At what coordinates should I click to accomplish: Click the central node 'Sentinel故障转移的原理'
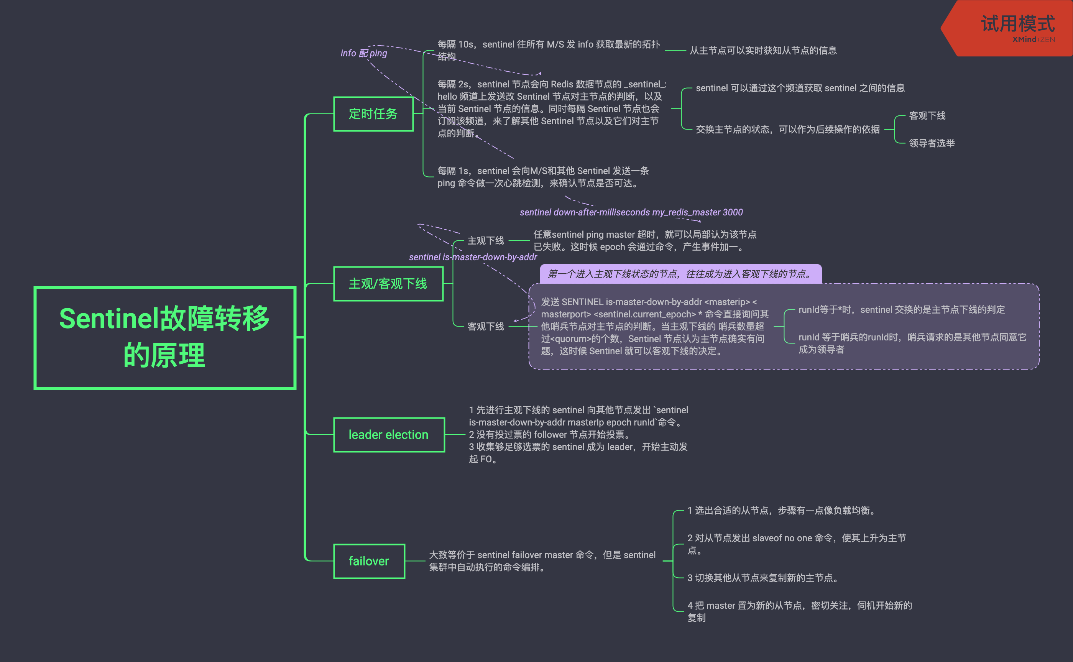pos(164,338)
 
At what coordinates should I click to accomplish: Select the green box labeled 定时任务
pos(373,114)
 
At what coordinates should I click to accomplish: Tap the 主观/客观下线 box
pos(388,284)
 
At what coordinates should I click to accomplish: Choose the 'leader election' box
pos(389,435)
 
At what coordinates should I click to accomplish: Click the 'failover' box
pos(369,561)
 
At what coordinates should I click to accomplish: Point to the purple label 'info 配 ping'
pos(364,53)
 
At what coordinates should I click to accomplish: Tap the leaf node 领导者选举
pos(932,143)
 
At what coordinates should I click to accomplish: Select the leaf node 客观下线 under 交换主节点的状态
pos(927,116)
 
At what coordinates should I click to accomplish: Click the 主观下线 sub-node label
pos(485,240)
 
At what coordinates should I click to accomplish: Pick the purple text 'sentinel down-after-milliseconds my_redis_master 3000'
pos(631,212)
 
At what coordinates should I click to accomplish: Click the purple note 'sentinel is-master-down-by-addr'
pos(472,257)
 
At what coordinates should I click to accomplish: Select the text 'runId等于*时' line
pos(901,310)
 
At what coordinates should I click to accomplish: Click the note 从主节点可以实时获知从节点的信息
pos(762,50)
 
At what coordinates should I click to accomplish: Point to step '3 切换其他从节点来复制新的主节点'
pos(762,578)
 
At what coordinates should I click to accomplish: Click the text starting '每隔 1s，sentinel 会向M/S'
pos(543,177)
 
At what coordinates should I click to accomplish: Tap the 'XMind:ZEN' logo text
pos(1033,39)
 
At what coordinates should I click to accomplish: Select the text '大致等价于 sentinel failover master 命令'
pos(542,561)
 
